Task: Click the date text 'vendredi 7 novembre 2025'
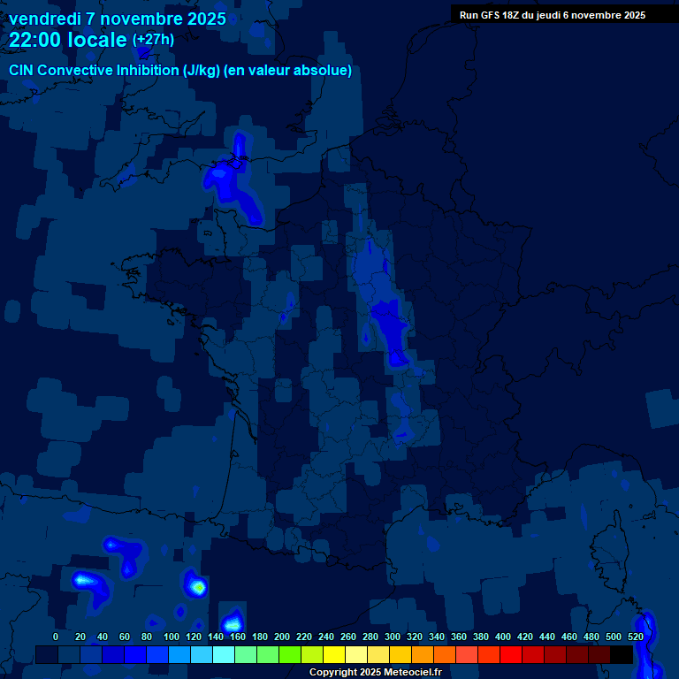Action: [x=117, y=19]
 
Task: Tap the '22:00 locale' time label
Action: [x=68, y=40]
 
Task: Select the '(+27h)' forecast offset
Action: [x=153, y=40]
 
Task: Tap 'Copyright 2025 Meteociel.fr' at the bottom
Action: [x=375, y=673]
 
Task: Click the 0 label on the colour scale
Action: [x=56, y=637]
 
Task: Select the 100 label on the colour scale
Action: [x=172, y=637]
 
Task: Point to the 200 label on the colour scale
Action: [x=282, y=637]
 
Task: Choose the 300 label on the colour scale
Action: [x=393, y=637]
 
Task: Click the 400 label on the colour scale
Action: [x=503, y=637]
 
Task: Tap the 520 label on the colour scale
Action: [x=636, y=637]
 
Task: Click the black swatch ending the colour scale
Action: [x=622, y=654]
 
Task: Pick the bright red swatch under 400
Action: [x=511, y=654]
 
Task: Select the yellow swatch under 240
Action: [x=334, y=654]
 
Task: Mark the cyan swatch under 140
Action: [x=224, y=654]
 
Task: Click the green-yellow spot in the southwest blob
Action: [x=199, y=586]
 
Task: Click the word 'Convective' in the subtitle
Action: [x=78, y=71]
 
